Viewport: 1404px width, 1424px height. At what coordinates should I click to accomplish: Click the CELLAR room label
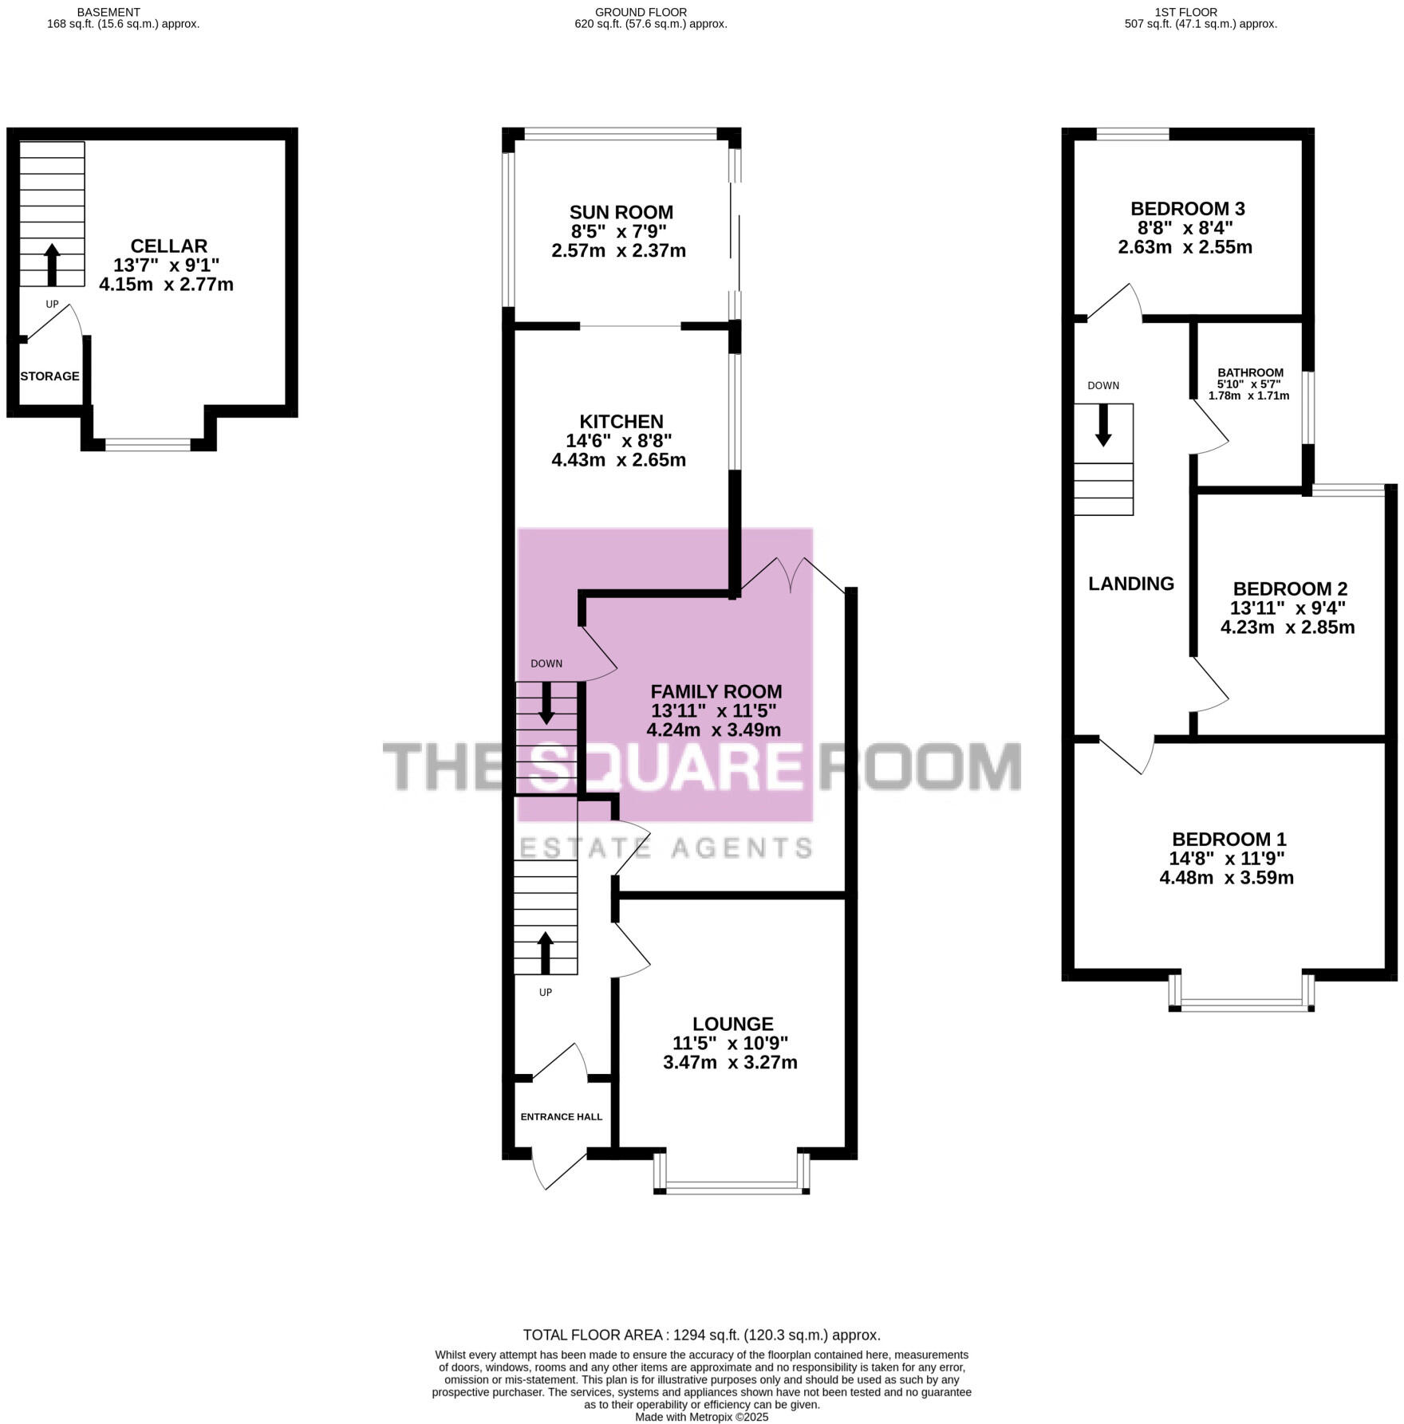(168, 246)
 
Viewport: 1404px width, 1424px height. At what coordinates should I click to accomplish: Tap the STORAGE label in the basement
(49, 376)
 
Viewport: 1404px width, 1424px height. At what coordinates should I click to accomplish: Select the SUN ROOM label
(621, 212)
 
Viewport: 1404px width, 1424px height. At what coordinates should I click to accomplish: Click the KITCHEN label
(621, 422)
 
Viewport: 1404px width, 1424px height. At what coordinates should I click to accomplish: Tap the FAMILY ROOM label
(716, 692)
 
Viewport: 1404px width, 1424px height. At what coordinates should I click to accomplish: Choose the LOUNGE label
(732, 1024)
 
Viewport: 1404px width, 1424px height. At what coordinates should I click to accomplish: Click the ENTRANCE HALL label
(561, 1117)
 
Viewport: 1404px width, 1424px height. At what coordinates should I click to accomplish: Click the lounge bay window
(732, 1188)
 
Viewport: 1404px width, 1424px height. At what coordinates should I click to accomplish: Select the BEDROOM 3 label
(1187, 209)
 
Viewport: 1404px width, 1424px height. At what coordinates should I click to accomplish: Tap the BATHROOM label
(1250, 372)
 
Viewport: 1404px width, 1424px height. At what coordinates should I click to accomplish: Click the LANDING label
(1130, 584)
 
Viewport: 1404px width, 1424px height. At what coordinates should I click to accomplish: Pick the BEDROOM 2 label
(1289, 589)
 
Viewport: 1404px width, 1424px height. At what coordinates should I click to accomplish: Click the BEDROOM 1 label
(1228, 840)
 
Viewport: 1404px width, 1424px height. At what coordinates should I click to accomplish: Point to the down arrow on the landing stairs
(1103, 425)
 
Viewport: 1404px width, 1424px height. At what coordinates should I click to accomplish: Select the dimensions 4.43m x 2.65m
(618, 460)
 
